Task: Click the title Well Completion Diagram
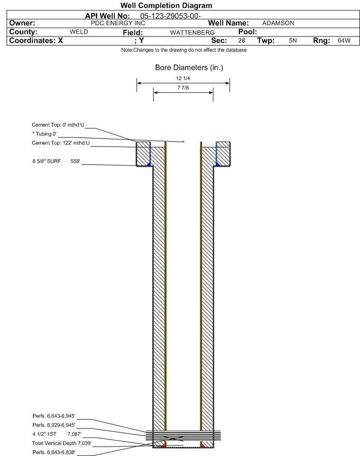tap(166, 6)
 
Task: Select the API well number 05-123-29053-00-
tap(170, 16)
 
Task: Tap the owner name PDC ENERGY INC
tap(118, 23)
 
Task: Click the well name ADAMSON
tap(278, 23)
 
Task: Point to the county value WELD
tap(79, 32)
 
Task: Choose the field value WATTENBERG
tap(192, 33)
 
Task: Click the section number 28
tap(241, 40)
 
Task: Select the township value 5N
tap(293, 40)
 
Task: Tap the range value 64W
tap(344, 40)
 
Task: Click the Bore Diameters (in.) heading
tap(189, 68)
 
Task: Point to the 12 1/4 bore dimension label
tap(183, 78)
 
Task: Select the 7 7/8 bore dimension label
tap(183, 88)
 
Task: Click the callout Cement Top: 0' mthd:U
tap(58, 125)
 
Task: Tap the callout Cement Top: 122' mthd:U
tap(61, 143)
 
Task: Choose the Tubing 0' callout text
tap(45, 134)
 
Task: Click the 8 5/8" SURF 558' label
tap(56, 161)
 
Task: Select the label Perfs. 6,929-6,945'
tap(54, 425)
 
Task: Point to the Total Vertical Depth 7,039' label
tap(62, 443)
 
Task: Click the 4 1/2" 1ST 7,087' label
tap(57, 434)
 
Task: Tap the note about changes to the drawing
tap(184, 50)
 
